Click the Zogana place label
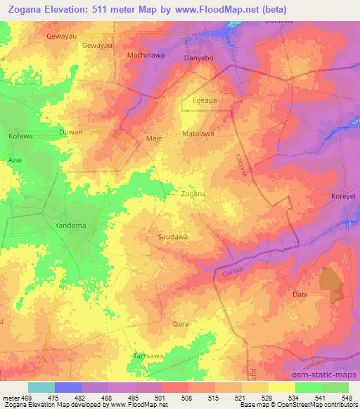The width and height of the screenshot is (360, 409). tap(193, 193)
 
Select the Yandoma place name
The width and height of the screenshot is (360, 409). tap(70, 226)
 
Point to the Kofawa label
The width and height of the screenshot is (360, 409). tap(20, 136)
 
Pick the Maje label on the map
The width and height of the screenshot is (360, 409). tap(153, 138)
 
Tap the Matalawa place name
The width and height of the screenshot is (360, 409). tap(198, 132)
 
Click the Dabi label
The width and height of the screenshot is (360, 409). tap(300, 296)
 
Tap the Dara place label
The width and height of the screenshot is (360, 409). tap(180, 324)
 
